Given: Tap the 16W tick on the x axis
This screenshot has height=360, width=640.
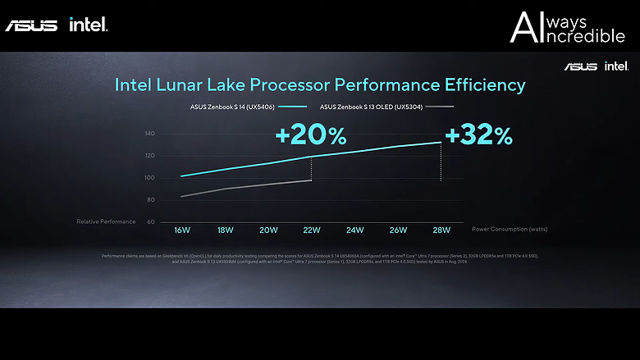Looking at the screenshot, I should tap(181, 230).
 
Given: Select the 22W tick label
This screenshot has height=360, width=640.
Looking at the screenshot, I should tap(312, 230).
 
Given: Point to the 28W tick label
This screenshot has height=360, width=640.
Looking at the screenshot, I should tap(441, 230).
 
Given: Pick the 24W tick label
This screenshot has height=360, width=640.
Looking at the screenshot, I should tap(355, 230).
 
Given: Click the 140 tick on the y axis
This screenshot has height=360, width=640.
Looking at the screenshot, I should tap(149, 134).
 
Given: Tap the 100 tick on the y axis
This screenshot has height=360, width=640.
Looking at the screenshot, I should tap(149, 178).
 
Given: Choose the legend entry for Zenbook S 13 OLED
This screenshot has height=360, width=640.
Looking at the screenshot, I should tap(373, 107).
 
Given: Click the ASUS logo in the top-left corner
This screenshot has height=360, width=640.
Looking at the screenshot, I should tap(31, 25).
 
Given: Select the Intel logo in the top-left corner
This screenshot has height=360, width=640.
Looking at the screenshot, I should tap(89, 25).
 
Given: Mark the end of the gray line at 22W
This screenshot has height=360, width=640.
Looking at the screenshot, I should tap(311, 180).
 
